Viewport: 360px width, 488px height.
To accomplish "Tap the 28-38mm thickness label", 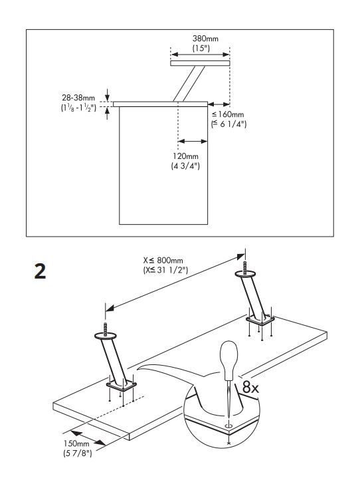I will [78, 98].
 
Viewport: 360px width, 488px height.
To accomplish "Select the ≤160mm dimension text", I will [230, 115].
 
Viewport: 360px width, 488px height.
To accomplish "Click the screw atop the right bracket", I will [245, 270].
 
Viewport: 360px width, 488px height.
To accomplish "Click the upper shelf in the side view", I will [199, 63].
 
